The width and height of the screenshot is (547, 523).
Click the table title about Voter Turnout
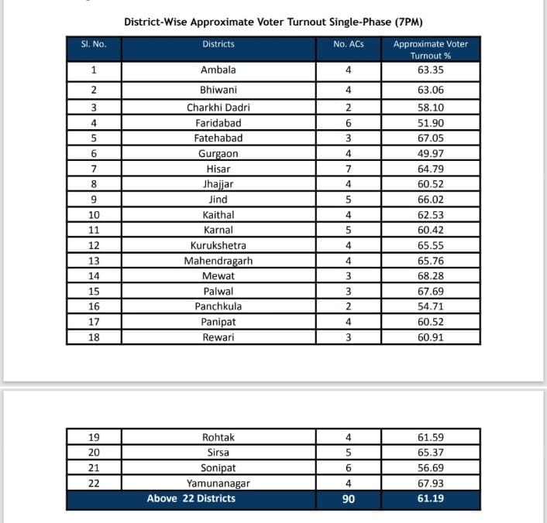pyautogui.click(x=273, y=22)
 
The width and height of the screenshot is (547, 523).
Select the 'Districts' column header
pyautogui.click(x=218, y=45)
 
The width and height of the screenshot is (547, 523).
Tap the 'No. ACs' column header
pyautogui.click(x=348, y=45)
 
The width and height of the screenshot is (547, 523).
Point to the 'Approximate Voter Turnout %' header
pyautogui.click(x=430, y=50)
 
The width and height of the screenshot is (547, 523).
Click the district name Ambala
pyautogui.click(x=218, y=70)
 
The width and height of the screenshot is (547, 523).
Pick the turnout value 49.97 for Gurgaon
pyautogui.click(x=430, y=153)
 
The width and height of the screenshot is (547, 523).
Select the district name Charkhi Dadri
pyautogui.click(x=218, y=108)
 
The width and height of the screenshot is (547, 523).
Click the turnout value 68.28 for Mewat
pyautogui.click(x=430, y=276)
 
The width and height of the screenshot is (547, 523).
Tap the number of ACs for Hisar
pyautogui.click(x=348, y=169)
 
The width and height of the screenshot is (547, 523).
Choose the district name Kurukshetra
pyautogui.click(x=218, y=245)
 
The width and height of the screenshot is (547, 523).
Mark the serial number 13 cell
pyautogui.click(x=94, y=261)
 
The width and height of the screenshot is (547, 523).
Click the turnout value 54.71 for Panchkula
pyautogui.click(x=430, y=306)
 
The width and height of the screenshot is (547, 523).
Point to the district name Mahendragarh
pyautogui.click(x=218, y=261)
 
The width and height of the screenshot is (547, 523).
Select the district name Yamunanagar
pyautogui.click(x=218, y=484)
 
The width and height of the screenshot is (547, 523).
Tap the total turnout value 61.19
pyautogui.click(x=430, y=499)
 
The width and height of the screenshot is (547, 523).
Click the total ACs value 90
pyautogui.click(x=348, y=499)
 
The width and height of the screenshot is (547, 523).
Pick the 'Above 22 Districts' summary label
pyautogui.click(x=191, y=499)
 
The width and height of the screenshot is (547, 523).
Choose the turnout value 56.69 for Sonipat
pyautogui.click(x=430, y=468)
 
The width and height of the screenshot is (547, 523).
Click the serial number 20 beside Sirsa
pyautogui.click(x=94, y=453)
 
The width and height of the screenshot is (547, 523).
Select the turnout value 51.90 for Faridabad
pyautogui.click(x=430, y=123)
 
